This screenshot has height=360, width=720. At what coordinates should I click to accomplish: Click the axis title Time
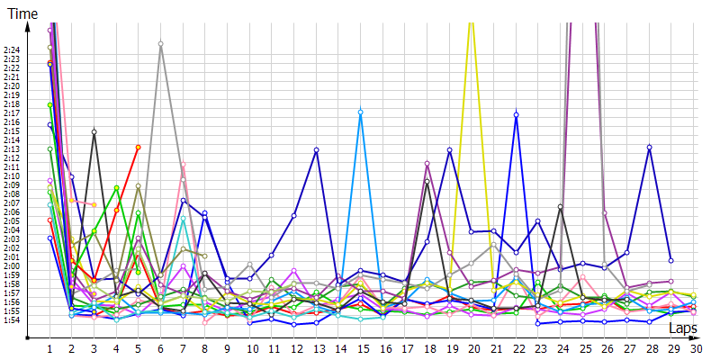[x=22, y=12]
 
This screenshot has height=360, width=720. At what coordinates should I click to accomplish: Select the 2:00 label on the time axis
[x=13, y=265]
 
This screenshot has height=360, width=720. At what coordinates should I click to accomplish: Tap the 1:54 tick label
[x=13, y=319]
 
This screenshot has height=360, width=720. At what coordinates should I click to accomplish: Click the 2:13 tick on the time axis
[x=13, y=148]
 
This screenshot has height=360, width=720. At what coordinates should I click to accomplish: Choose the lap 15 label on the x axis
[x=361, y=348]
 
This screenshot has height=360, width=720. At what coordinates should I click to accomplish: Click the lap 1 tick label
[x=50, y=348]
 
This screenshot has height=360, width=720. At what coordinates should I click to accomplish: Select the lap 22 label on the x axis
[x=516, y=348]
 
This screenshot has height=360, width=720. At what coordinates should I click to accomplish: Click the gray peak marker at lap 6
[x=160, y=43]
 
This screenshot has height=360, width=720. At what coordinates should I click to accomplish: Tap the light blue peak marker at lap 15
[x=361, y=112]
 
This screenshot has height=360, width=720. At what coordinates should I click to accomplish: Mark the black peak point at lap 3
[x=94, y=132]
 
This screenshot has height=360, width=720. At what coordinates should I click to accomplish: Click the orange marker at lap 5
[x=138, y=147]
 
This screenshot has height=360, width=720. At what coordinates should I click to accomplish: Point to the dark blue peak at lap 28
[x=649, y=147]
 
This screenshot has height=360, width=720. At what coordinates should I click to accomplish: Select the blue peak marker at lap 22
[x=516, y=114]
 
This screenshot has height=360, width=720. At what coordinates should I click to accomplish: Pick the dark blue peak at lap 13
[x=317, y=149]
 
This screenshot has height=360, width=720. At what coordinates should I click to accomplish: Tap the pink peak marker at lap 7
[x=183, y=165]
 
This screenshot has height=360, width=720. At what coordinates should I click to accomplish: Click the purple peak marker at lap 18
[x=427, y=163]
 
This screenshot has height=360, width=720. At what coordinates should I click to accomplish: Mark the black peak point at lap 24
[x=561, y=207]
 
